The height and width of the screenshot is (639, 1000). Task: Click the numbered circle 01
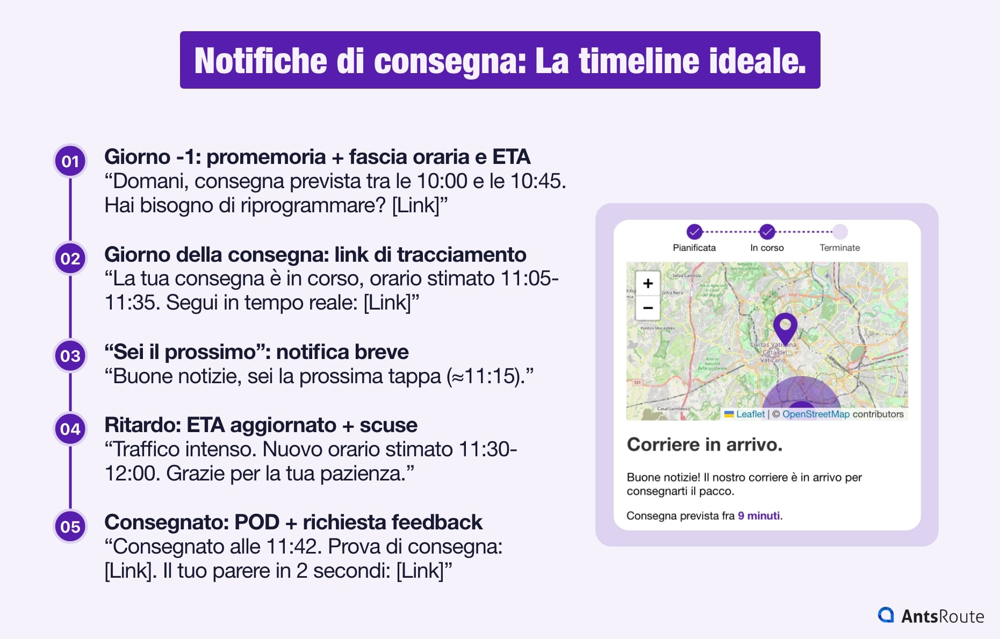[x=70, y=161]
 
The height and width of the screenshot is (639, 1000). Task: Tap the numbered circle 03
[x=70, y=356]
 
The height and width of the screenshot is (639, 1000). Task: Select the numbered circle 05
[x=70, y=527]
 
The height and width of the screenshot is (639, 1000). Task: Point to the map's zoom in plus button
[x=648, y=283]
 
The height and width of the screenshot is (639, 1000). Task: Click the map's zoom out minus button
[x=648, y=308]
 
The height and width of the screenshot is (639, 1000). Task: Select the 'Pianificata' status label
[x=694, y=248]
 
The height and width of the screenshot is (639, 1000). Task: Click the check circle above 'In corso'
[x=767, y=232]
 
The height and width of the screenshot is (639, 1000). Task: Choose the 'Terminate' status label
[x=839, y=248]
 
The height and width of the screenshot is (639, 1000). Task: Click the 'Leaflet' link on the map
[x=750, y=414]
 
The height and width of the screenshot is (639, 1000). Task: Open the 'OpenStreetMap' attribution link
[x=816, y=414]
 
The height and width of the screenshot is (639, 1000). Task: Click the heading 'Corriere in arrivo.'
[x=704, y=444]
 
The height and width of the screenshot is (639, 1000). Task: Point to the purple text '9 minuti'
[x=759, y=516]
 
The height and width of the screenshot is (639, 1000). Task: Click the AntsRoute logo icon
[x=886, y=615]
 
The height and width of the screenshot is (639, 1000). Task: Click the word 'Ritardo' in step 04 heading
[x=142, y=425]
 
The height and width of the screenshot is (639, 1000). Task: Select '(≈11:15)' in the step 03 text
[x=490, y=376]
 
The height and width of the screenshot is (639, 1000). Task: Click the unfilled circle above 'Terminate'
[x=840, y=232]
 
